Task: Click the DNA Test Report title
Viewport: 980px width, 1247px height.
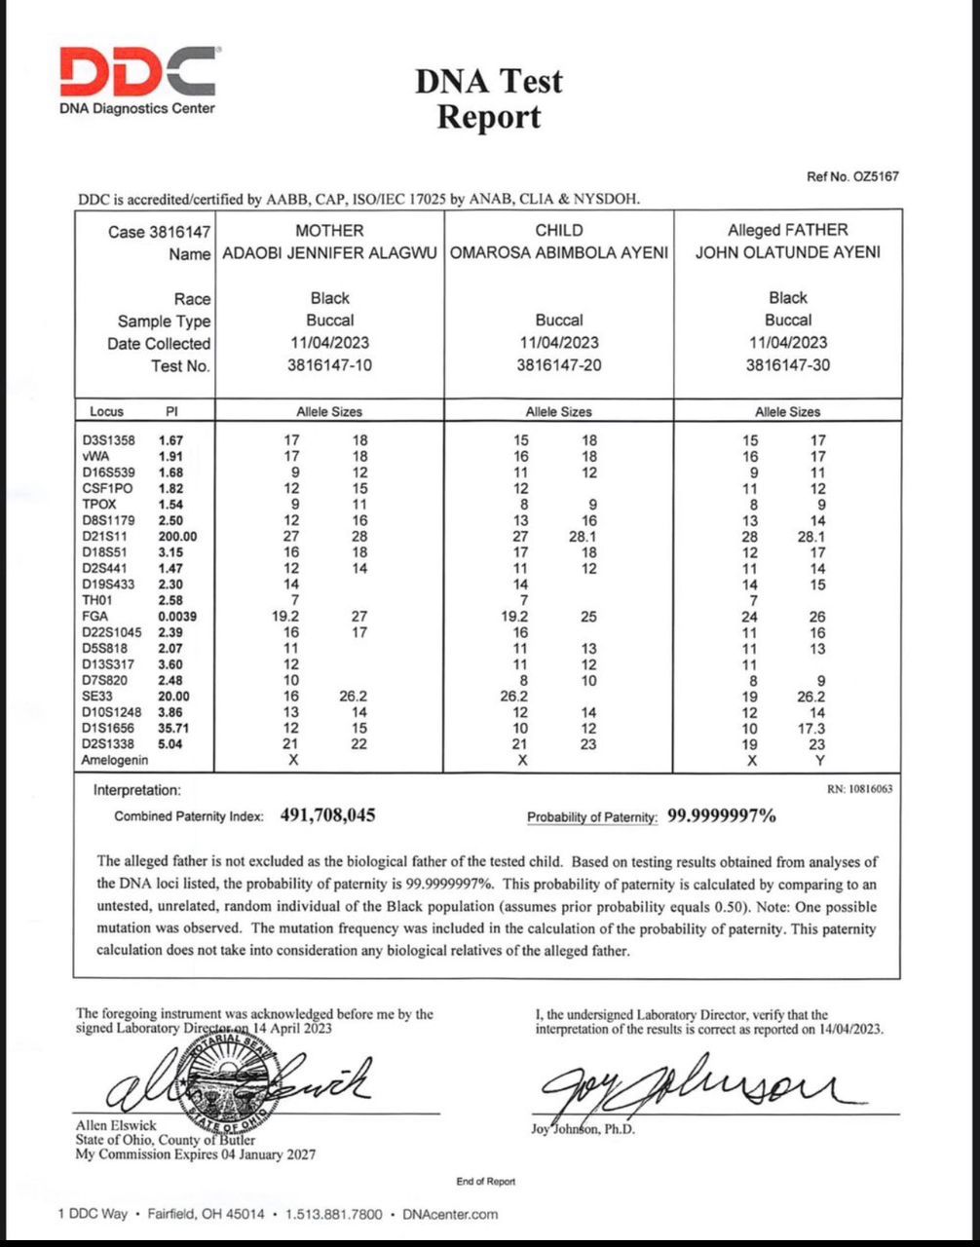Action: pyautogui.click(x=489, y=98)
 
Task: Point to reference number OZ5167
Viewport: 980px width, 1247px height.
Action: pyautogui.click(x=852, y=176)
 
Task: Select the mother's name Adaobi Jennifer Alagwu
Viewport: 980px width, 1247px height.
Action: pyautogui.click(x=330, y=252)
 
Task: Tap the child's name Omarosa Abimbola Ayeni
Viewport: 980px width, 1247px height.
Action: pyautogui.click(x=559, y=252)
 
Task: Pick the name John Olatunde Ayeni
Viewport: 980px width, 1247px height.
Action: pyautogui.click(x=787, y=252)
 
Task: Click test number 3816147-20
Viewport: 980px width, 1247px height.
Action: pyautogui.click(x=559, y=365)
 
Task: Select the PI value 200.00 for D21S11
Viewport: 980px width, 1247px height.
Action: pyautogui.click(x=177, y=537)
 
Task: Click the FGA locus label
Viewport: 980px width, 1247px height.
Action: pyautogui.click(x=95, y=616)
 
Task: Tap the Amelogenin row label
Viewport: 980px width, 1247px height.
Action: pyautogui.click(x=115, y=760)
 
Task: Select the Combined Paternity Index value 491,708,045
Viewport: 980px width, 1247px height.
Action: pyautogui.click(x=328, y=815)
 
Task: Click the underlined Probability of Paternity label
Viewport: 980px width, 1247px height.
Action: pyautogui.click(x=592, y=817)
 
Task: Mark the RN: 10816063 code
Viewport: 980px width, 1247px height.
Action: pyautogui.click(x=859, y=789)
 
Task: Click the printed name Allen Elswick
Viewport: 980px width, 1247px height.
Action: pyautogui.click(x=116, y=1125)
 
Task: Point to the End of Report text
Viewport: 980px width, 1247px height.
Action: pyautogui.click(x=485, y=1182)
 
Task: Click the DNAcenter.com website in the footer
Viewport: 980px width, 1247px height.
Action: pyautogui.click(x=449, y=1214)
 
